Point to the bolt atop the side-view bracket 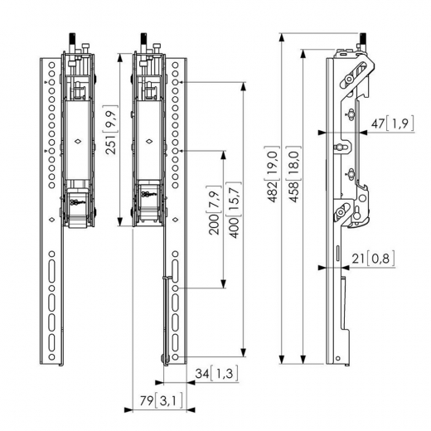[362, 39]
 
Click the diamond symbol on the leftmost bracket [77, 142]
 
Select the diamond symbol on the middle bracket [149, 142]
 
